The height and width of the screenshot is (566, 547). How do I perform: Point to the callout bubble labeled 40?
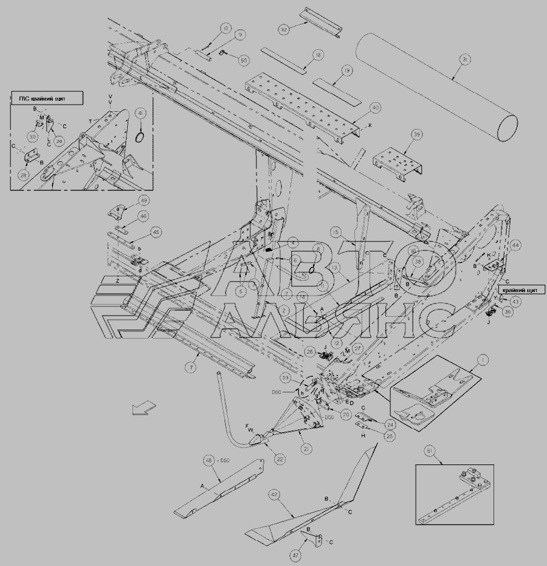click(374, 108)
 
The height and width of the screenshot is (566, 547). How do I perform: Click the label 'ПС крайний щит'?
click(46, 97)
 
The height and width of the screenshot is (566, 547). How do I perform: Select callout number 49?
click(143, 201)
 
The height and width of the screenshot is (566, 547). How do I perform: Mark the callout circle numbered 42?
click(274, 495)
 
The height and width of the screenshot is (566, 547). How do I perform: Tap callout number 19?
click(346, 71)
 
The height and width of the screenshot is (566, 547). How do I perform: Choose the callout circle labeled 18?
click(317, 54)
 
